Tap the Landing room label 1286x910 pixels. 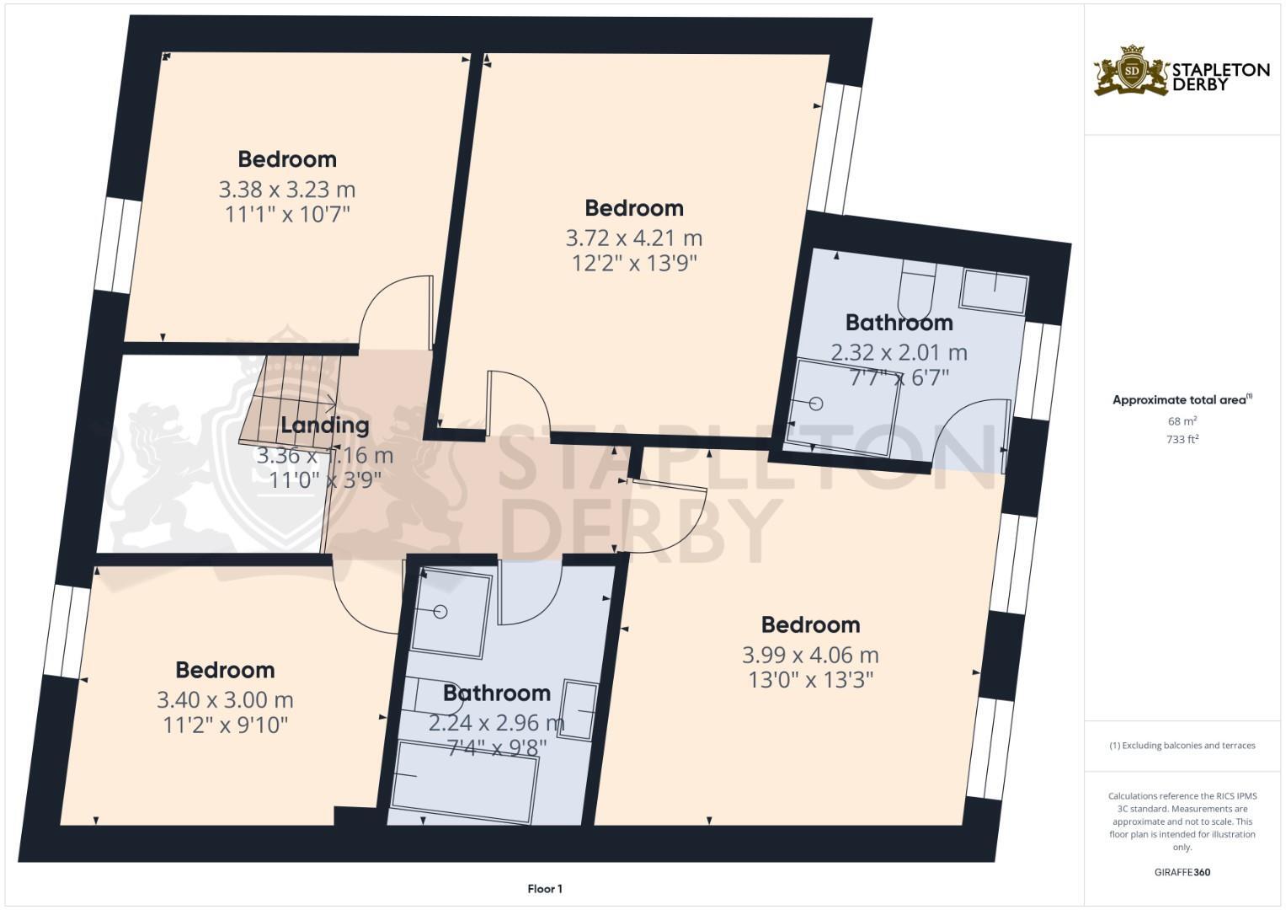tap(325, 425)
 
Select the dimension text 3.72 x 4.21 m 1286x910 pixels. tap(633, 238)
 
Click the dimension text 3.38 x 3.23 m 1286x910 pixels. tap(286, 189)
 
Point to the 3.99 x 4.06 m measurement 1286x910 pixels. tap(809, 655)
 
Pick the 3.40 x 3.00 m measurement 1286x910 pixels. tap(225, 699)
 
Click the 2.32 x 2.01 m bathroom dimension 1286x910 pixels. tap(899, 352)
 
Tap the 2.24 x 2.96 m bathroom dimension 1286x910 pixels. tap(496, 723)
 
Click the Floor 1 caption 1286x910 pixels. tap(545, 889)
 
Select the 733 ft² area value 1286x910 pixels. tap(1183, 439)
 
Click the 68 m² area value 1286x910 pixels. tap(1183, 420)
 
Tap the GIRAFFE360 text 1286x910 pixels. tap(1182, 872)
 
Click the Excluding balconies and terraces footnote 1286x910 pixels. tap(1182, 746)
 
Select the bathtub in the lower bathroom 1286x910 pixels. tap(465, 779)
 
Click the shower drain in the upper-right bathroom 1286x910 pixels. tap(814, 404)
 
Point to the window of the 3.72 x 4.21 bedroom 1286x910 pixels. tap(835, 147)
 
